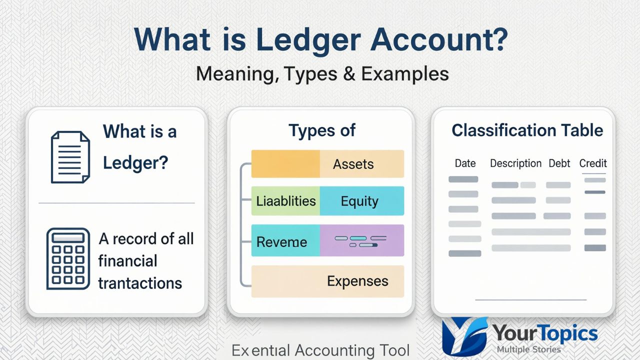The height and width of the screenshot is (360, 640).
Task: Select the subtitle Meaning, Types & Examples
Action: [322, 73]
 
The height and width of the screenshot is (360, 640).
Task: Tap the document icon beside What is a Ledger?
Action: [70, 156]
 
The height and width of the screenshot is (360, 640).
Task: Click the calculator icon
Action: [68, 258]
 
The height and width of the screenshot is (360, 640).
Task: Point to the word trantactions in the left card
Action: [139, 283]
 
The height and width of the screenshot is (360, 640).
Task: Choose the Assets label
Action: [353, 164]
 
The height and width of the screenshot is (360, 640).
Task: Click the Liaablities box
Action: [285, 201]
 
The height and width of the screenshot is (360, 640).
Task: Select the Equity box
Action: [360, 201]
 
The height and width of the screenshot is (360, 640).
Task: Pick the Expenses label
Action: [357, 281]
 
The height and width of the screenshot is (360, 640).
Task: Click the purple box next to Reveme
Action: [361, 240]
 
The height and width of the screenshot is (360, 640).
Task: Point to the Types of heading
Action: [321, 130]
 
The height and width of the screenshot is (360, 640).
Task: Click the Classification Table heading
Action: [527, 130]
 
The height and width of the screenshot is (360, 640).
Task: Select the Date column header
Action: [465, 163]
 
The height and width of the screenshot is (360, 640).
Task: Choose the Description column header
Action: [515, 163]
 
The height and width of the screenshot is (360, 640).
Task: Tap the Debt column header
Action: [559, 163]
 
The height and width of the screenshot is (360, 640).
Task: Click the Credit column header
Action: [592, 163]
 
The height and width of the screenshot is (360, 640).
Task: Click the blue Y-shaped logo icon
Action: [464, 335]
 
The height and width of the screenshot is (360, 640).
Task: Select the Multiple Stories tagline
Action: [528, 349]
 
